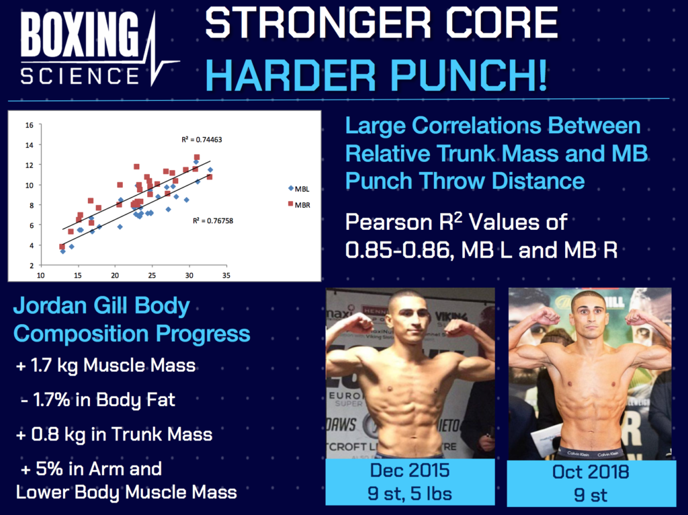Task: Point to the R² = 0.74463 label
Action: (202, 140)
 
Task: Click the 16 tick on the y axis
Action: (28, 125)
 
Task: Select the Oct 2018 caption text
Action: (591, 471)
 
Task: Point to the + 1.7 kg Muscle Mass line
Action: (105, 366)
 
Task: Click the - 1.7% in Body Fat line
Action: (98, 399)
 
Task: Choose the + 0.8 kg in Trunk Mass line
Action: (114, 434)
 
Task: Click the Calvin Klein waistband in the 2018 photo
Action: (591, 452)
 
